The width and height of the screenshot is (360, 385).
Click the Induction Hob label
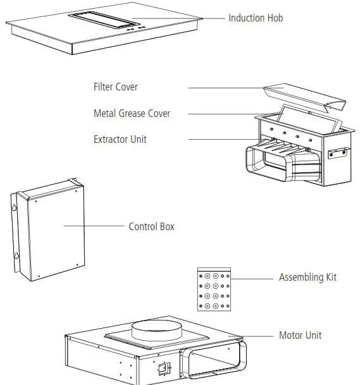tap(256, 18)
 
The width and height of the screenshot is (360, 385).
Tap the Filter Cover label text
tap(115, 87)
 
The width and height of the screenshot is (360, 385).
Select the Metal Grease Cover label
tap(132, 114)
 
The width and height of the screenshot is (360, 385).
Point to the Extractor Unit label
tap(120, 139)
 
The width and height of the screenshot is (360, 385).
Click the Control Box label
tap(151, 226)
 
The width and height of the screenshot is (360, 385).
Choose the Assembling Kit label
tap(307, 278)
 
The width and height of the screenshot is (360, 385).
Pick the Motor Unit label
tap(300, 335)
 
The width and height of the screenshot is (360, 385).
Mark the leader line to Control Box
tap(95, 226)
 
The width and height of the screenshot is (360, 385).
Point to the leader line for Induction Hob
tap(177, 18)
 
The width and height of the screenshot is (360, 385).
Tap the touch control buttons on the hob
tap(132, 27)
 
